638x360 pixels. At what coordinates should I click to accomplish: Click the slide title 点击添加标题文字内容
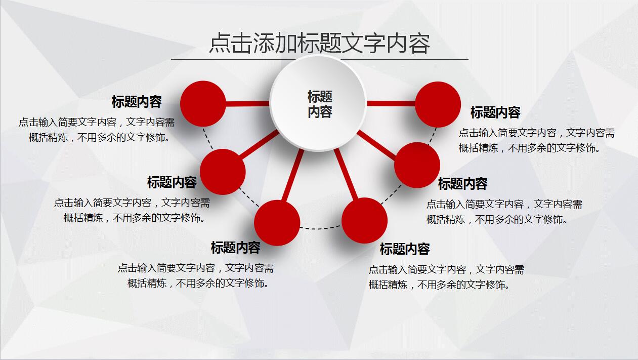coord(319,44)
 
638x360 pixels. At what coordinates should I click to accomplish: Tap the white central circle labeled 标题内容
coord(318,103)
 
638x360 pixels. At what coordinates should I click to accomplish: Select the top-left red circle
coord(203,104)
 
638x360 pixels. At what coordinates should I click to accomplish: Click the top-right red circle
coord(438,104)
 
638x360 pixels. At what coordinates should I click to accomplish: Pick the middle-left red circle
coord(223,172)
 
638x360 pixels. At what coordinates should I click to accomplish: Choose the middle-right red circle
coord(417,165)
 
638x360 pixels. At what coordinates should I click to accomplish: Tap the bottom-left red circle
coord(277,223)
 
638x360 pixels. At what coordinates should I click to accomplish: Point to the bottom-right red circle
coord(364,221)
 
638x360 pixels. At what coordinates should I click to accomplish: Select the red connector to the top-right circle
coord(391,104)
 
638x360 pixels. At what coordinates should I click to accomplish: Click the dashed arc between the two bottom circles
coord(321,228)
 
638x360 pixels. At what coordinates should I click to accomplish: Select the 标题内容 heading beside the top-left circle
coord(137,102)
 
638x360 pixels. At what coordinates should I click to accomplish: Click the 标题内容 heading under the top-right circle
coord(495,112)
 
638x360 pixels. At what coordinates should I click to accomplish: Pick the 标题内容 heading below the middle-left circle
coord(172,182)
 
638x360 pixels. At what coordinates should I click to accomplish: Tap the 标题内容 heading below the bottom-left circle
coord(235,248)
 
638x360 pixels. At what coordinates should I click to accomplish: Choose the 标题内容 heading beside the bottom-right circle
coord(405,249)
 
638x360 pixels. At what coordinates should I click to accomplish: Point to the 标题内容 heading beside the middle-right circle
coord(462,184)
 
